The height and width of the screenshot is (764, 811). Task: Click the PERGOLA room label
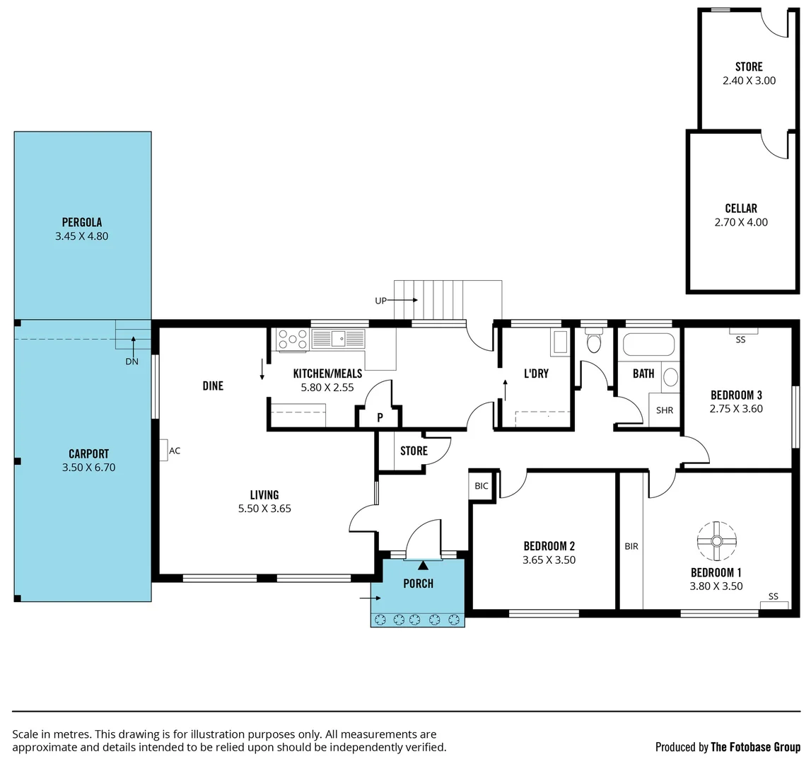click(81, 222)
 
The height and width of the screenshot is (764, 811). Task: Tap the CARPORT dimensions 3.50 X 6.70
click(88, 467)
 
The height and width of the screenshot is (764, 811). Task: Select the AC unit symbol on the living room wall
click(163, 450)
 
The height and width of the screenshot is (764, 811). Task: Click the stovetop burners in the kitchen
click(293, 340)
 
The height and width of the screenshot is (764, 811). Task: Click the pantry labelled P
click(380, 417)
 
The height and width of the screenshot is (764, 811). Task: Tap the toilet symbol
click(594, 343)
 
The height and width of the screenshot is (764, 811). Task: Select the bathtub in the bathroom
click(648, 345)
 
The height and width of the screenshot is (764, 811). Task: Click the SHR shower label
click(664, 410)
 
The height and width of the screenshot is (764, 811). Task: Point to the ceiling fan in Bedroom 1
click(716, 541)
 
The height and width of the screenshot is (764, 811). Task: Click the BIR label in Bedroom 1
click(631, 546)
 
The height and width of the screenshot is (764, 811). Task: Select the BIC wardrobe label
click(482, 486)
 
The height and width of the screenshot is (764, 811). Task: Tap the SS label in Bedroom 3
click(740, 340)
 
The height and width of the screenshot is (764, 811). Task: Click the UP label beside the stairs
click(380, 301)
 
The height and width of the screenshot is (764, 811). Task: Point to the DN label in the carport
click(132, 361)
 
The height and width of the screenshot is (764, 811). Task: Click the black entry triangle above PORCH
click(423, 565)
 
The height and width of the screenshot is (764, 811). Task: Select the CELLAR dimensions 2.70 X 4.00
click(740, 222)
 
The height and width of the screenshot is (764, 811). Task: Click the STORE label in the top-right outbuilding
click(749, 66)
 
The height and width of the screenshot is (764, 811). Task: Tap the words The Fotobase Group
click(755, 747)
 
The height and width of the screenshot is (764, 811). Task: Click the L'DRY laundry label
click(535, 374)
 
